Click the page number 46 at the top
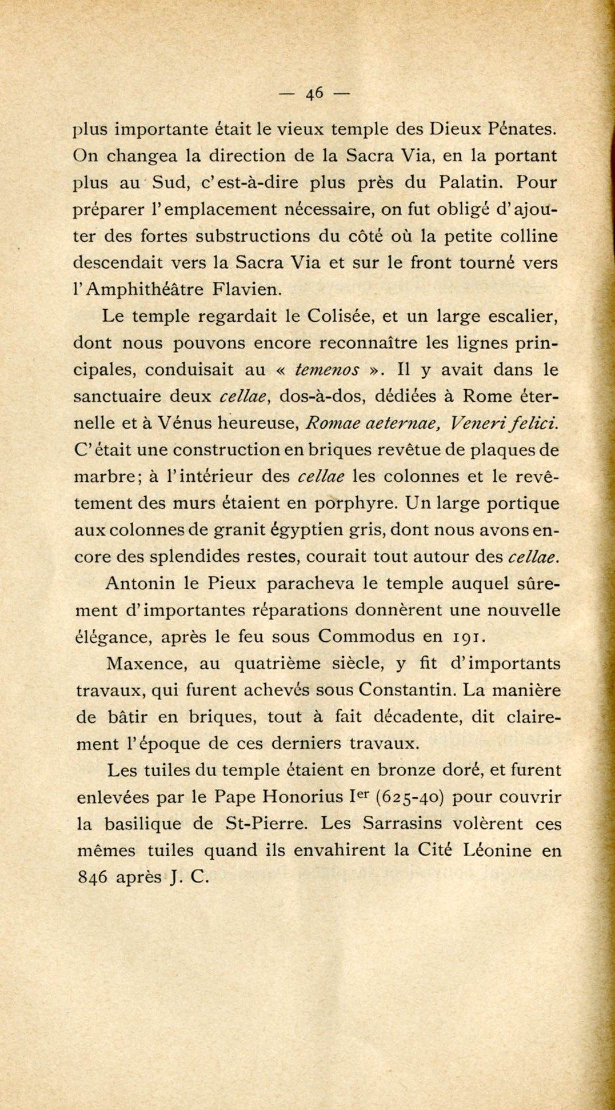click(x=315, y=93)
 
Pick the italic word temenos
click(x=327, y=370)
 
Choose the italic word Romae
click(x=331, y=424)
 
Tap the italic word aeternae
click(x=398, y=424)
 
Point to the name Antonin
click(x=142, y=584)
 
